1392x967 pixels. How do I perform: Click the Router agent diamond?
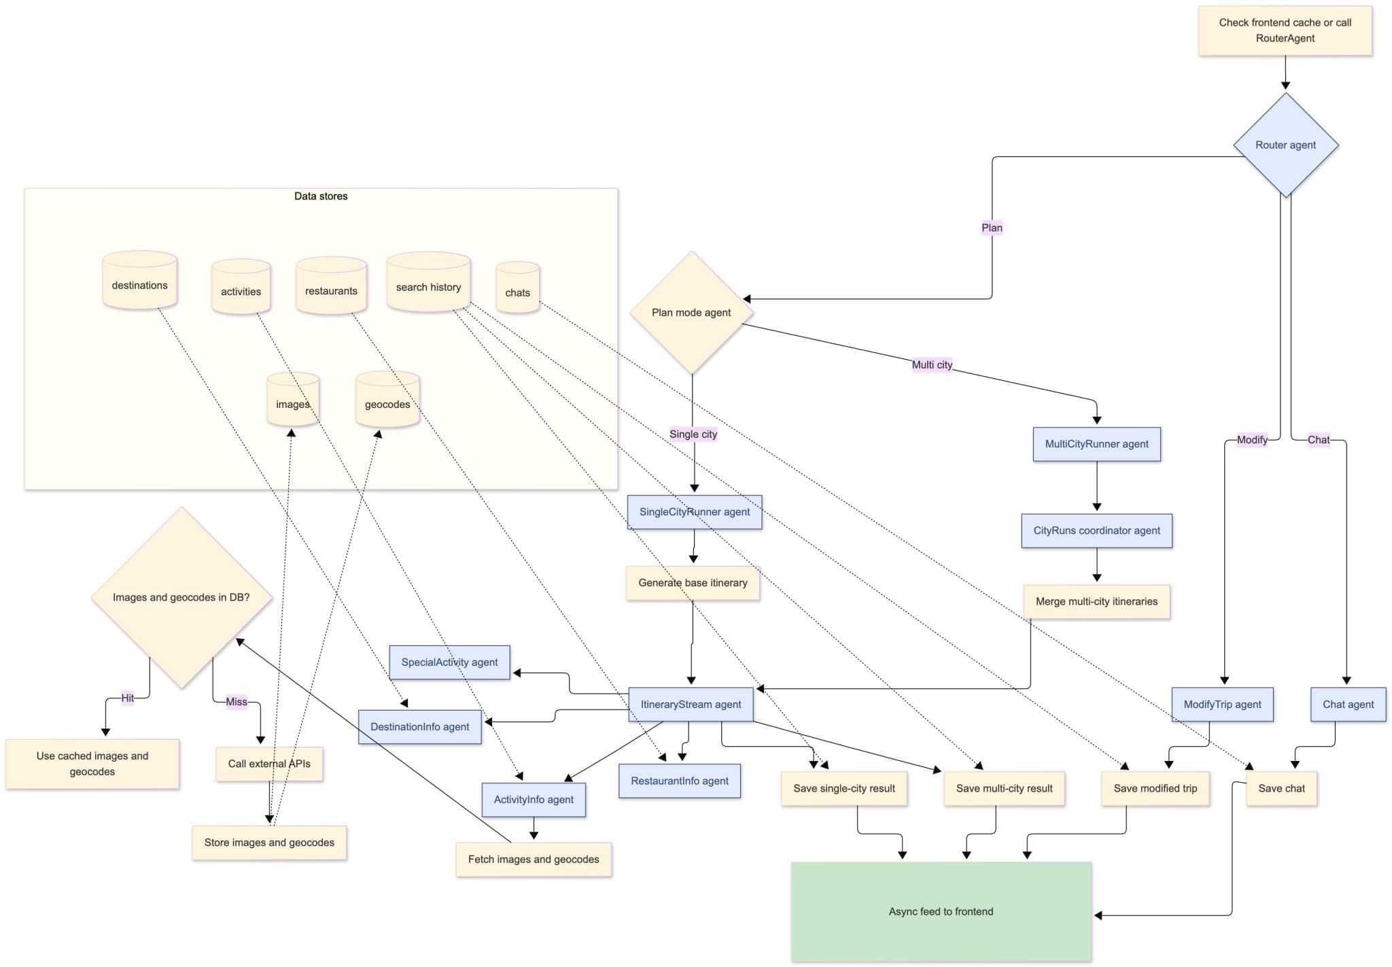1285,145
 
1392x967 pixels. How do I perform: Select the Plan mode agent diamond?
691,312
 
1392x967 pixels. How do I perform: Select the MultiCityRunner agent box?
1096,444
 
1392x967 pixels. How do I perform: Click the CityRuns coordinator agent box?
1096,530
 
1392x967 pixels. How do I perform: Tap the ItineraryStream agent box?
691,705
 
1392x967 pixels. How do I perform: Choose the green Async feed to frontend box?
941,911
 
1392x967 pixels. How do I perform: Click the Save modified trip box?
1155,788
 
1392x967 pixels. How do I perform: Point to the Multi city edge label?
932,364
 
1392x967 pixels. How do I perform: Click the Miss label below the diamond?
237,702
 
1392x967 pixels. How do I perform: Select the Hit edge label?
127,698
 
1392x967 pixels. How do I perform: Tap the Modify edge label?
1251,439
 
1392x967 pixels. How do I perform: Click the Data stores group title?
321,196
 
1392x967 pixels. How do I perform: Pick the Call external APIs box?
269,764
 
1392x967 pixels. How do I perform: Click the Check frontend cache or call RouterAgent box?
1285,31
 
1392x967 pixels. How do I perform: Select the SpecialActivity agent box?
449,662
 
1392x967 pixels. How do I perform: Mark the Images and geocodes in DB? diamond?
181,597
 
